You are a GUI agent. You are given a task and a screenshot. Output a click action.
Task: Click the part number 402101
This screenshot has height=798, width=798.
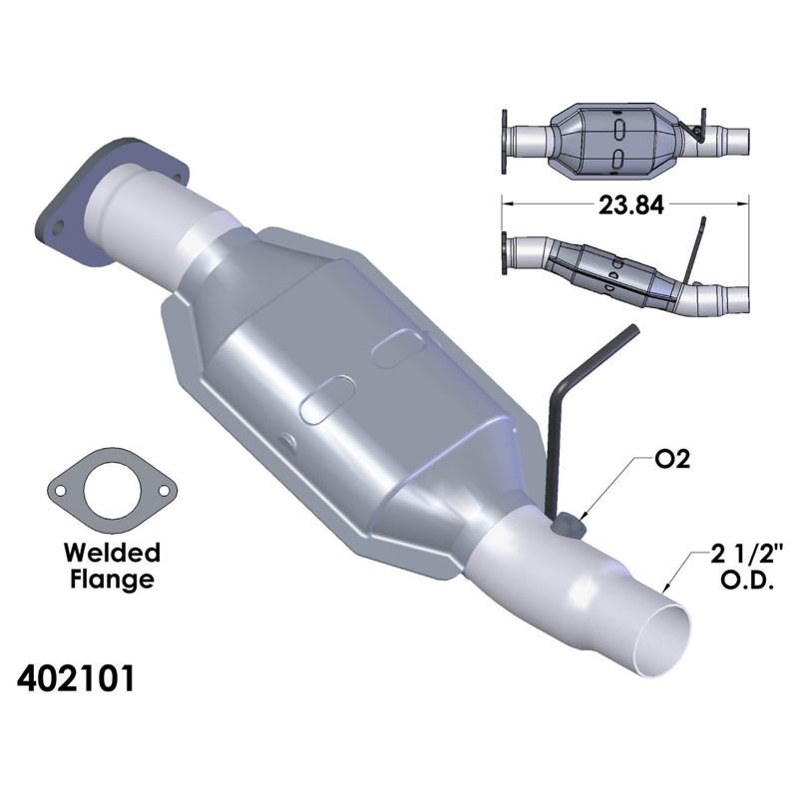coord(76,679)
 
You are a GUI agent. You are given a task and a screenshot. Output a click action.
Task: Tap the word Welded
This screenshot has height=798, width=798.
coord(111,553)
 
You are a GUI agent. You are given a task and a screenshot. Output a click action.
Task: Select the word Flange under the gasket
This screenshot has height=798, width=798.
coord(111,579)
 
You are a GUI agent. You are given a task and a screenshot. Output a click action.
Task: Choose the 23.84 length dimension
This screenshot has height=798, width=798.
coord(624,203)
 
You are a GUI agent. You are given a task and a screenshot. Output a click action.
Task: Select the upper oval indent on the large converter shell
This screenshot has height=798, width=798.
coord(400,350)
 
